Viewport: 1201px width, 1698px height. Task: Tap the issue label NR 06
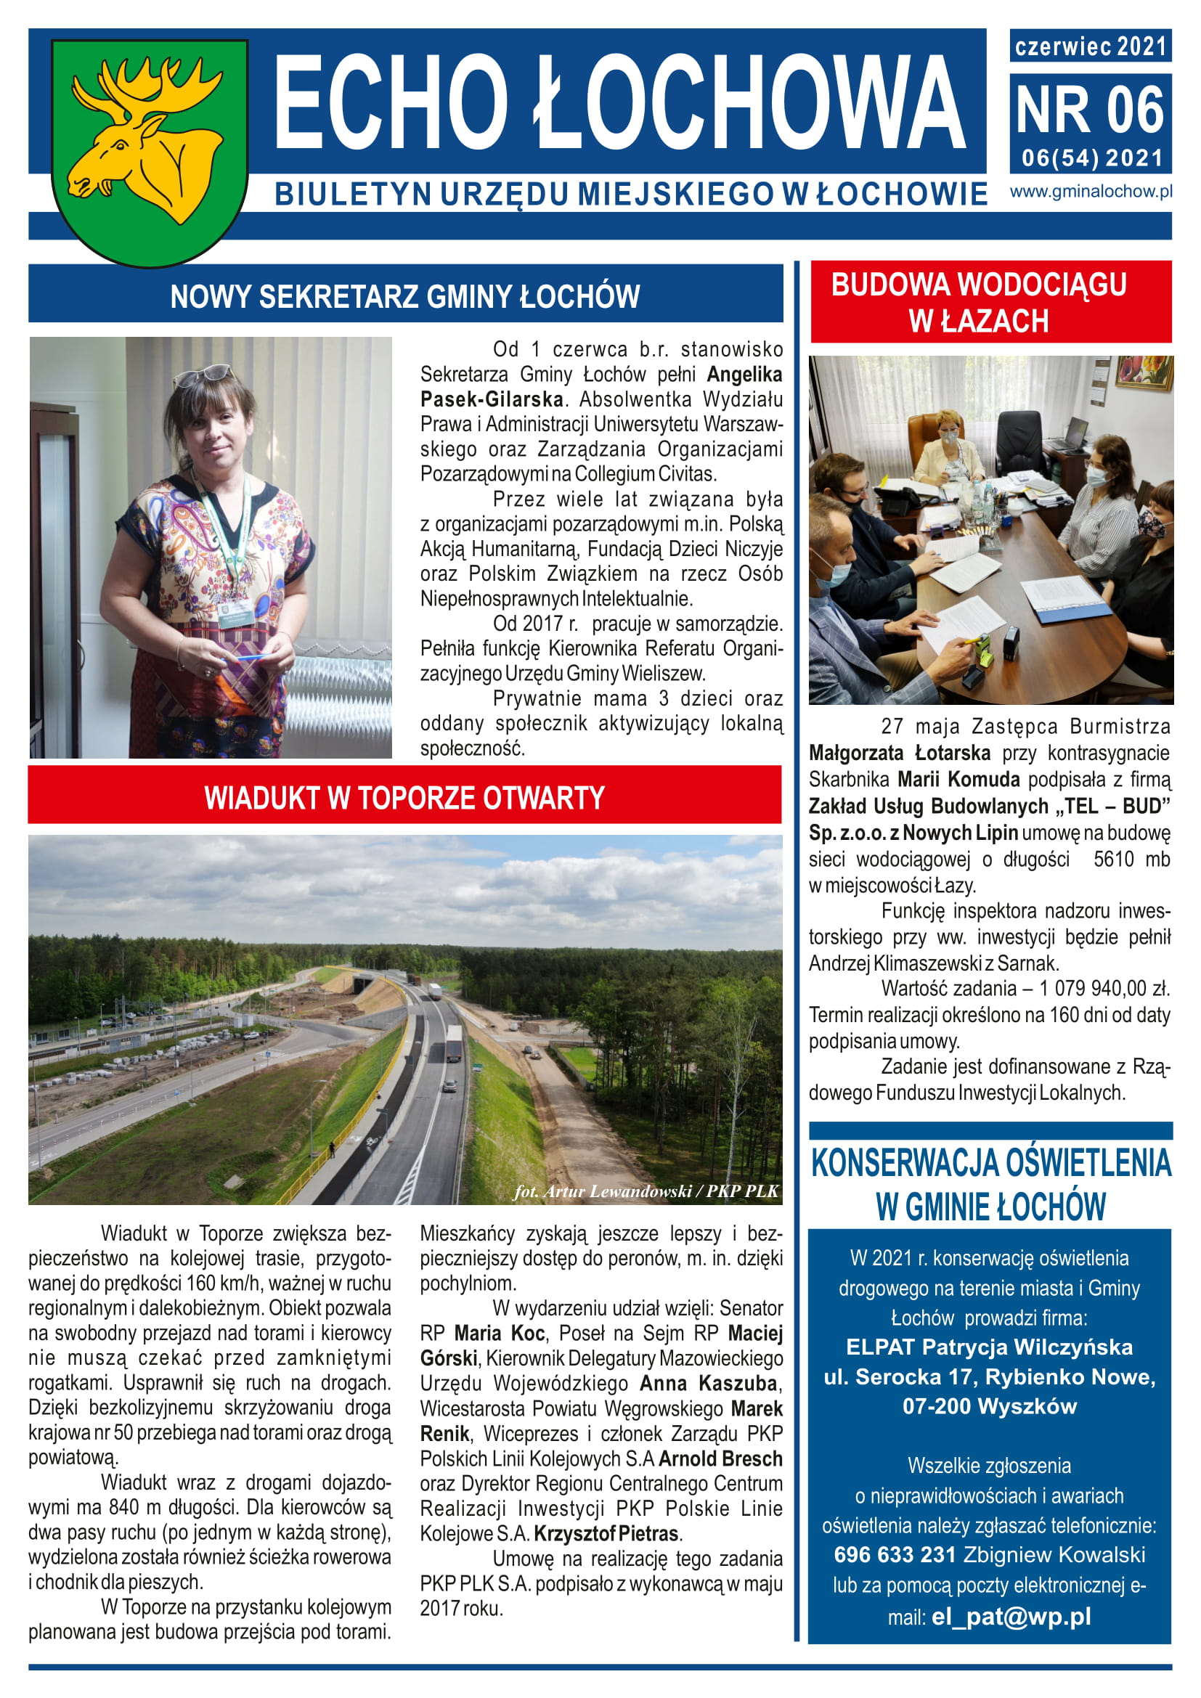coord(1089,111)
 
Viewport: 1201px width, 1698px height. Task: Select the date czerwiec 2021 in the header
coord(1089,46)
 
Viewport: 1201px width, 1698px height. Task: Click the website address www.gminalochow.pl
coord(1091,192)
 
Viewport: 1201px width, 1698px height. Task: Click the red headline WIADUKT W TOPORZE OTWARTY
coord(404,799)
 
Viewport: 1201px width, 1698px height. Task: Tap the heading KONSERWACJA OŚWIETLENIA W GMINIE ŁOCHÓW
coord(990,1185)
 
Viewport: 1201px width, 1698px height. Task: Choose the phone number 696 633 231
coord(895,1555)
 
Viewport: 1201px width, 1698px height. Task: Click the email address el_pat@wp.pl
coord(1011,1617)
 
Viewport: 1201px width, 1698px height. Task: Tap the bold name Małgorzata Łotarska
coord(899,754)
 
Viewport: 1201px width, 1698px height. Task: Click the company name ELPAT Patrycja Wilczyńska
coord(989,1347)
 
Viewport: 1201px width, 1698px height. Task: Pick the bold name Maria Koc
coord(499,1334)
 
